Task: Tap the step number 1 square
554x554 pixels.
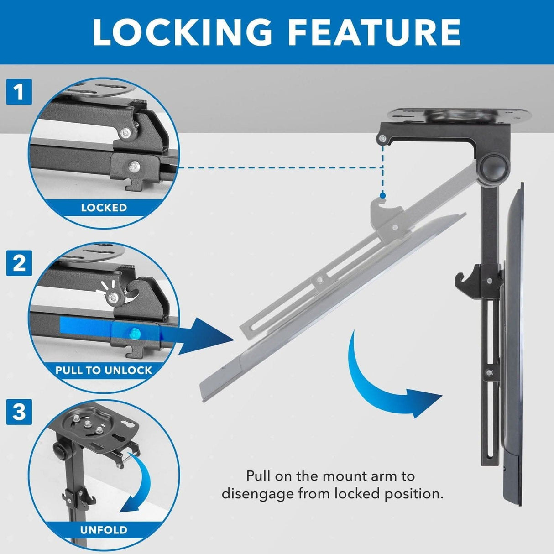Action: (x=19, y=92)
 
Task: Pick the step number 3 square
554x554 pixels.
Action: (x=19, y=412)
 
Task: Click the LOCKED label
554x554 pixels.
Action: (x=104, y=208)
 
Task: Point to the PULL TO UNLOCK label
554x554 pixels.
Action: (x=104, y=370)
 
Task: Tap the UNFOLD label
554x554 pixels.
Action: (x=104, y=530)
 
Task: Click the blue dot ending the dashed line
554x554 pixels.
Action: (x=382, y=195)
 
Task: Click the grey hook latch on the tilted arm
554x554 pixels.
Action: (x=385, y=213)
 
